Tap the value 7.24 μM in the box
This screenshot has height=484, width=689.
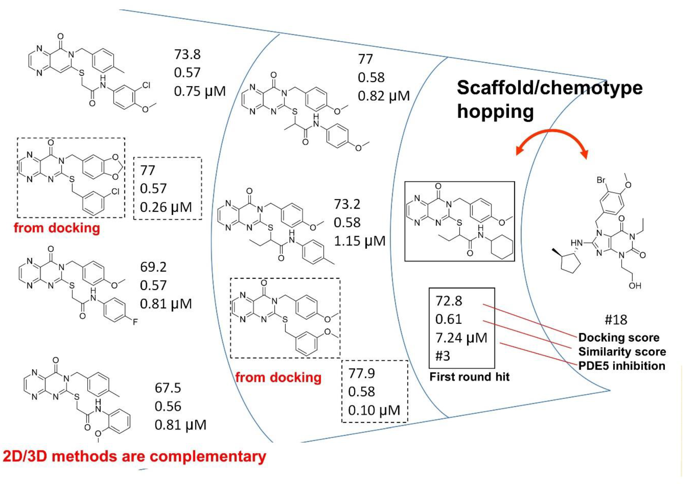[x=461, y=338]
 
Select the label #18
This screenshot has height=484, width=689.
[x=616, y=320]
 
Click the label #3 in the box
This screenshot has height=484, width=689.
[x=443, y=356]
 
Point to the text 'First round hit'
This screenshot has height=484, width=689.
[x=469, y=377]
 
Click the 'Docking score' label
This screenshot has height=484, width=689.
[x=619, y=338]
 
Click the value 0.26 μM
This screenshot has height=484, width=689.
[x=166, y=207]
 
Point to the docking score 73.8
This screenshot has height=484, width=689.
[x=187, y=54]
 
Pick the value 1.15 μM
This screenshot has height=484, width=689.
[x=360, y=241]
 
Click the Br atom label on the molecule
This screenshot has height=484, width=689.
[x=601, y=180]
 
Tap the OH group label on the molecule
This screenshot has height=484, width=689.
[x=635, y=286]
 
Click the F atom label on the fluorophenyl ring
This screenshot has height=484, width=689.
[x=135, y=322]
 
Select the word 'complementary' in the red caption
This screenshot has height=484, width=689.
[x=208, y=457]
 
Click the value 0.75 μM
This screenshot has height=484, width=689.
[x=199, y=91]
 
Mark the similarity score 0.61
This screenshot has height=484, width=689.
[x=448, y=319]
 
